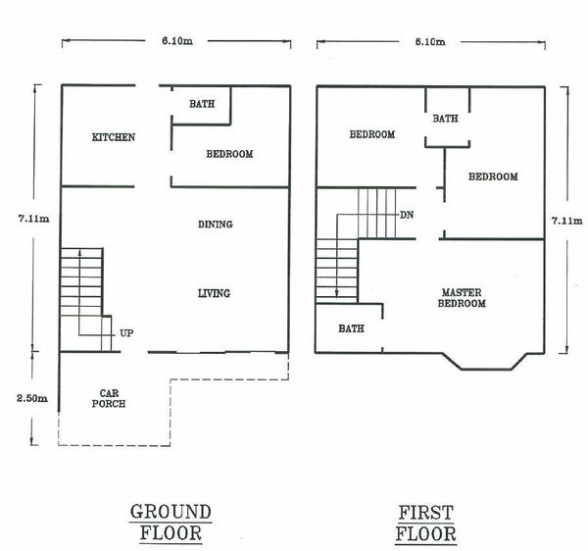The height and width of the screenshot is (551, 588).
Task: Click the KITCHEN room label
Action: (114, 137)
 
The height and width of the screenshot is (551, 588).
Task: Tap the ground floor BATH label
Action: (202, 104)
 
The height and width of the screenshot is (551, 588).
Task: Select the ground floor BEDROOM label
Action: (229, 154)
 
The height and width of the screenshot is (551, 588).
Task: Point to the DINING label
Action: (216, 225)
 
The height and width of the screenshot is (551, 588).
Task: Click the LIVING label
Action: (214, 293)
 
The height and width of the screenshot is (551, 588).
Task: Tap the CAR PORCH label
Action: (109, 398)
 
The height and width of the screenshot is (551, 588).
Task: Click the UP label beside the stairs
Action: (126, 333)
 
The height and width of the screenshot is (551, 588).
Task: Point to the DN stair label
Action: (407, 215)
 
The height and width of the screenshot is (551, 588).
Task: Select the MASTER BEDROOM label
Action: (462, 298)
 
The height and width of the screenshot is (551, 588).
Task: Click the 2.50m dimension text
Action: (32, 398)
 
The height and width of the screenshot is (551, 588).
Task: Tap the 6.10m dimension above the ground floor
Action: (177, 41)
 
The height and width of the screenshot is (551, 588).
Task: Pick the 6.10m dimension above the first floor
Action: (430, 41)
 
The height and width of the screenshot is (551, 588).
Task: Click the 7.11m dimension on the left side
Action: (33, 219)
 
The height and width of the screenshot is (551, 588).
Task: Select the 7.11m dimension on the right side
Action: (567, 221)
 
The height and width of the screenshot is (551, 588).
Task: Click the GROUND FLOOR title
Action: (171, 523)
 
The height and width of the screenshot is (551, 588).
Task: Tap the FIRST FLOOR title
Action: (426, 524)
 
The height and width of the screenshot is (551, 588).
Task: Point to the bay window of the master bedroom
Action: (486, 369)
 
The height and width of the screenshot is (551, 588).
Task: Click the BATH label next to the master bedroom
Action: (352, 328)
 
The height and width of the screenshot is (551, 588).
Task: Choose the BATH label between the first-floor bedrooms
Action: (446, 119)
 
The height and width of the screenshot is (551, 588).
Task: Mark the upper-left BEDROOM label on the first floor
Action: (372, 134)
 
